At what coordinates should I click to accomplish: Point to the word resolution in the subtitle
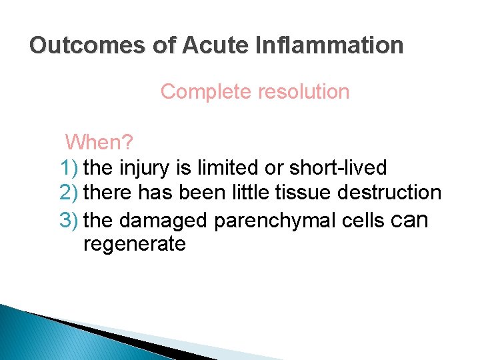(302, 91)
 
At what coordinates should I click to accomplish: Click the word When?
(99, 141)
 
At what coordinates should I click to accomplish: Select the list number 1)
(70, 167)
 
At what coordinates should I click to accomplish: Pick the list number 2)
(70, 193)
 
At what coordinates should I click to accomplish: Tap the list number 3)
(70, 219)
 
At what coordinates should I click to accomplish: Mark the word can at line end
(407, 219)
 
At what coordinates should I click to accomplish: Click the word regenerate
(134, 245)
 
